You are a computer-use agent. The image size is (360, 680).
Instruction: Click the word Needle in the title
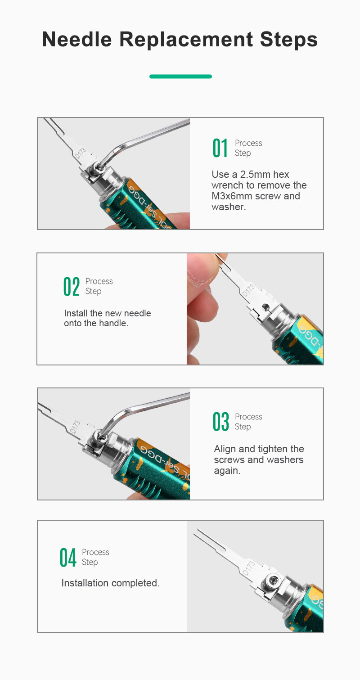click(x=77, y=40)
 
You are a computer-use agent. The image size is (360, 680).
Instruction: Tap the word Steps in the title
click(x=288, y=40)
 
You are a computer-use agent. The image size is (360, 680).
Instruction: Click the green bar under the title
click(x=180, y=77)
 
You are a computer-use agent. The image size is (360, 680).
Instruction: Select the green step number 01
click(x=220, y=148)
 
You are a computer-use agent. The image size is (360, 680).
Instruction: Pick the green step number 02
click(x=72, y=286)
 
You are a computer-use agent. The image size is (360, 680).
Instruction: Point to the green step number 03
click(x=221, y=421)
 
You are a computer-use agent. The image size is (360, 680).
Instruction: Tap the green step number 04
click(x=68, y=557)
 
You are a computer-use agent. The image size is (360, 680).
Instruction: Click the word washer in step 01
click(x=228, y=207)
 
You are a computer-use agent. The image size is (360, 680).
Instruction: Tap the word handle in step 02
click(x=112, y=323)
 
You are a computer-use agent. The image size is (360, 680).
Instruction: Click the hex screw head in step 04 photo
click(x=273, y=581)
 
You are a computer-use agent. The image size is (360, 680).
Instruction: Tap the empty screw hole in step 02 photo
click(x=265, y=306)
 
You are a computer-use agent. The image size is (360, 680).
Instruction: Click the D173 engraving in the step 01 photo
click(x=80, y=153)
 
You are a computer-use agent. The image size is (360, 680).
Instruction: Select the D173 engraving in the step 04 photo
click(x=248, y=568)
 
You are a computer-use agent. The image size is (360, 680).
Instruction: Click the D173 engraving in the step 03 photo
click(x=75, y=427)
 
